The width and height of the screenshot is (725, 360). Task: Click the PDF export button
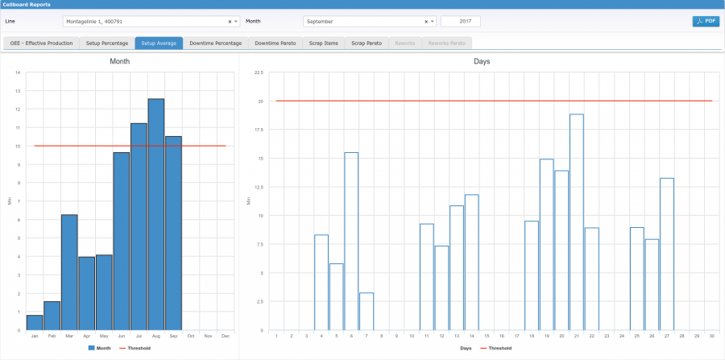tap(706, 22)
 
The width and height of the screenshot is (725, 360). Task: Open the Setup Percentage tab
tap(106, 43)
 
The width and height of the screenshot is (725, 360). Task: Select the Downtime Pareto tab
tap(275, 43)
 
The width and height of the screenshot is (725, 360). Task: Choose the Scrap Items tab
tap(324, 43)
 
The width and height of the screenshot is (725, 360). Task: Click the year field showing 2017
tap(461, 22)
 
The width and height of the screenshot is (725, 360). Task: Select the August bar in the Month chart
tap(156, 214)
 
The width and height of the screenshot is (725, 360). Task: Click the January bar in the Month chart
tap(35, 322)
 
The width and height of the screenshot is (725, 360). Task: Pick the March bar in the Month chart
tap(69, 272)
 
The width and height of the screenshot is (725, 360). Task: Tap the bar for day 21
tap(576, 222)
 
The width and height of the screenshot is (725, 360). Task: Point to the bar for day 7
tap(367, 312)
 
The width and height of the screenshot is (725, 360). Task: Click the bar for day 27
tap(666, 254)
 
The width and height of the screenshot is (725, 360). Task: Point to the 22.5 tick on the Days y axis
tap(259, 72)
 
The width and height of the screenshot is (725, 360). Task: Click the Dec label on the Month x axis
tap(226, 336)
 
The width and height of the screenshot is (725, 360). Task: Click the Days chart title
tap(483, 61)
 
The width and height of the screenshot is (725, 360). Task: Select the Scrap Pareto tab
tap(367, 43)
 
